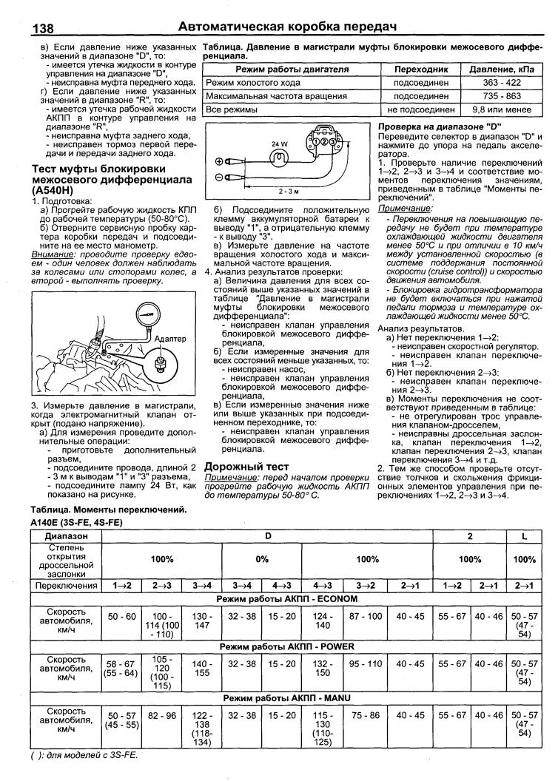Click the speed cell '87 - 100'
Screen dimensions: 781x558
[366, 616]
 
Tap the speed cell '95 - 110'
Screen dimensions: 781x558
[366, 665]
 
